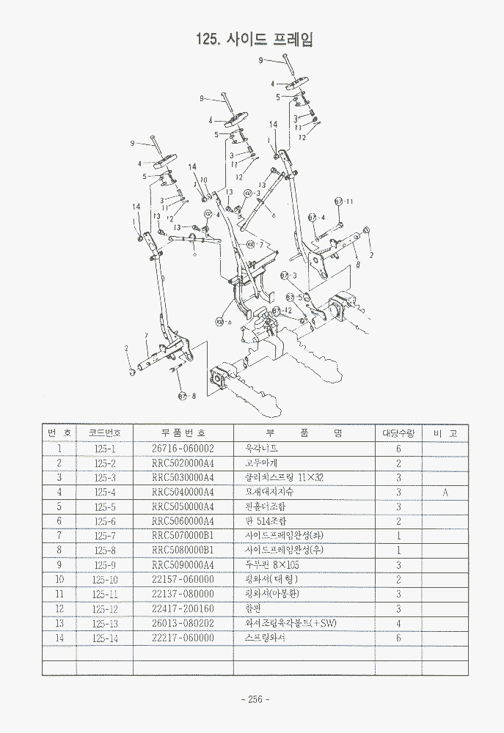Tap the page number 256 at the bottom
pos(252,699)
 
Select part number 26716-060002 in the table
pos(183,448)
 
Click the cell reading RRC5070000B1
pos(183,535)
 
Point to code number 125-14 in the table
pos(105,638)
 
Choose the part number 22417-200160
pos(183,608)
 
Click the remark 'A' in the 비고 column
pos(445,492)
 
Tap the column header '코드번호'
pos(105,432)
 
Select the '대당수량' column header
pos(398,432)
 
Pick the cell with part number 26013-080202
pos(183,623)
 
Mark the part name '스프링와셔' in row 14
pos(264,638)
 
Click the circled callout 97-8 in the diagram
pos(187,397)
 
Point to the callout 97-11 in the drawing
pos(343,202)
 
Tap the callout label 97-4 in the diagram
pos(316,218)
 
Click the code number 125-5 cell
pos(105,507)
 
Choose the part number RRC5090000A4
pos(183,564)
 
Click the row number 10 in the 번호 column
pos(59,579)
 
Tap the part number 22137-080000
pos(183,594)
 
